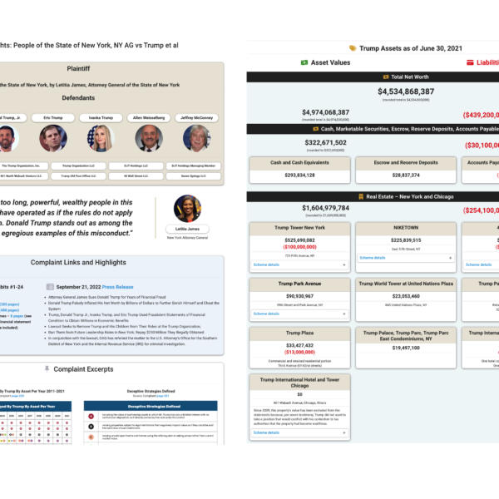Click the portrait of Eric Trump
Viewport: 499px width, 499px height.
click(x=52, y=138)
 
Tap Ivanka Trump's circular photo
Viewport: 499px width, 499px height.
click(x=100, y=138)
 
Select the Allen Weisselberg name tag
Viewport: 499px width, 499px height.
click(x=148, y=118)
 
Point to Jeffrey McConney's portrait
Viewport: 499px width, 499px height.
click(x=196, y=138)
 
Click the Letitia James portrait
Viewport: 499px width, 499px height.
click(x=187, y=209)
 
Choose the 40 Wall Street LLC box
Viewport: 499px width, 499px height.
click(x=148, y=176)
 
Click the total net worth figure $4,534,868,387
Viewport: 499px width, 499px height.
click(x=406, y=91)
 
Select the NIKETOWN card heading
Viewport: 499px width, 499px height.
click(x=406, y=228)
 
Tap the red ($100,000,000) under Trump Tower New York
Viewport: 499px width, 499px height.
click(x=300, y=247)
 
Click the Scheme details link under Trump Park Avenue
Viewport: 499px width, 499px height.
click(x=266, y=314)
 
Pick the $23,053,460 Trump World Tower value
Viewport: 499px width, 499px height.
click(x=406, y=295)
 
